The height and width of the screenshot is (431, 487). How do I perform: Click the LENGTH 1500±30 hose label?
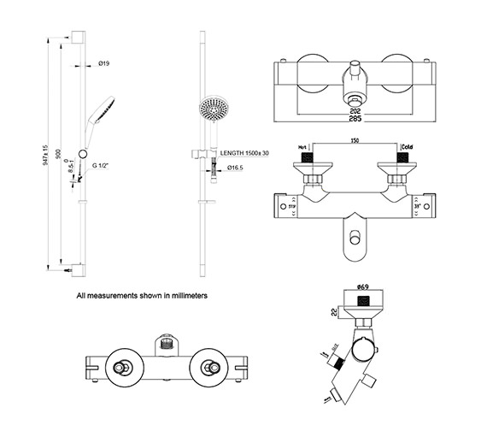245,153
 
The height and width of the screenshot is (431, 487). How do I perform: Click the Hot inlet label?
303,148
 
